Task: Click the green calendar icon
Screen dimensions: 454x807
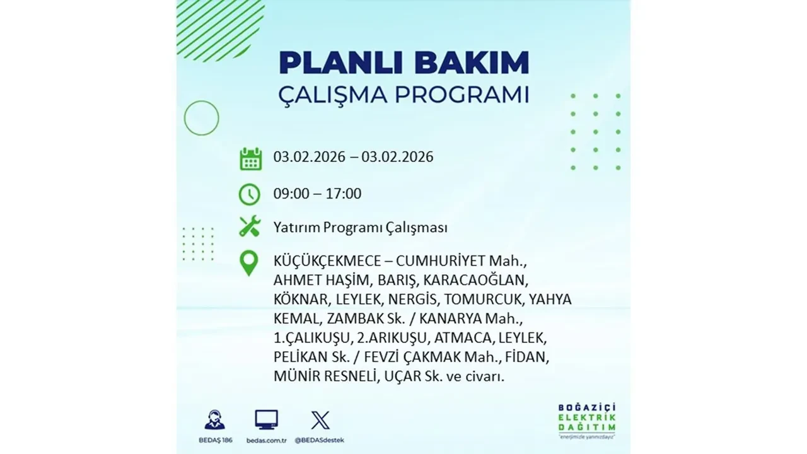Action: click(250, 158)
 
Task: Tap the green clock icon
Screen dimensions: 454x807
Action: click(250, 194)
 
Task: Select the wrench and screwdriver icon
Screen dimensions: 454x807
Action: click(250, 226)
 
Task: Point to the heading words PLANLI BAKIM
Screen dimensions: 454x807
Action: click(403, 63)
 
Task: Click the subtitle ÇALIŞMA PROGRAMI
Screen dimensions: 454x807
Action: click(403, 95)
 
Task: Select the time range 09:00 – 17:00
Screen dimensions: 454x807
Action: click(317, 194)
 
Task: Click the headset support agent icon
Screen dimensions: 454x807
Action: click(214, 420)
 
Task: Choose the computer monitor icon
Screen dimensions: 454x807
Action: click(266, 420)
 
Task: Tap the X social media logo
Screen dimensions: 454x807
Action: click(320, 420)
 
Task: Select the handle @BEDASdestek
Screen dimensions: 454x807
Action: click(320, 439)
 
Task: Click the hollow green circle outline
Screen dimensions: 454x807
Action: click(201, 118)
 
